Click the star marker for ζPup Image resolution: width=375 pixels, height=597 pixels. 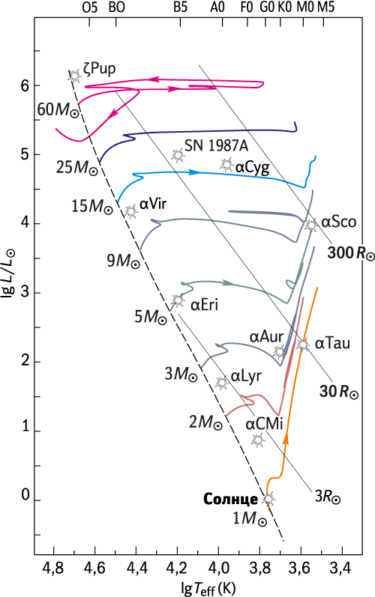point(74,76)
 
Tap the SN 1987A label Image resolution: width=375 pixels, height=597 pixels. point(216,145)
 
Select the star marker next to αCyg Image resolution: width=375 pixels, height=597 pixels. point(226,165)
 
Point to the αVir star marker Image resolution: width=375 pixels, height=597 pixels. point(130,211)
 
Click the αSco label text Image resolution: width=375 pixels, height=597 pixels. point(339,222)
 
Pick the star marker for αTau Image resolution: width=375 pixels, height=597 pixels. point(303,344)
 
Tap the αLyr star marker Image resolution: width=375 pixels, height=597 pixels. point(221,383)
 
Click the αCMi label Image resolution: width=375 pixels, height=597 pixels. point(264,424)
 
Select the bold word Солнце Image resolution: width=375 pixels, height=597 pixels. point(230,499)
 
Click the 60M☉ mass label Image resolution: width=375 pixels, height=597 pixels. point(58,110)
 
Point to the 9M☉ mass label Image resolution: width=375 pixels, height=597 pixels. point(123,261)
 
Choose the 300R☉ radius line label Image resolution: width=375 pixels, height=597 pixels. point(351,253)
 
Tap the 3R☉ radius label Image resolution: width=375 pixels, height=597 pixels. point(327,497)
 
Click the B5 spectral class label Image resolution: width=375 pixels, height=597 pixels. point(180,7)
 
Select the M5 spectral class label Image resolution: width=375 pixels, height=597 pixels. point(325,7)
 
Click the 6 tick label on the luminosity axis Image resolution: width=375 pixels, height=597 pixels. point(25,85)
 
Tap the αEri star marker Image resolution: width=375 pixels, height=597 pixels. point(178,300)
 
